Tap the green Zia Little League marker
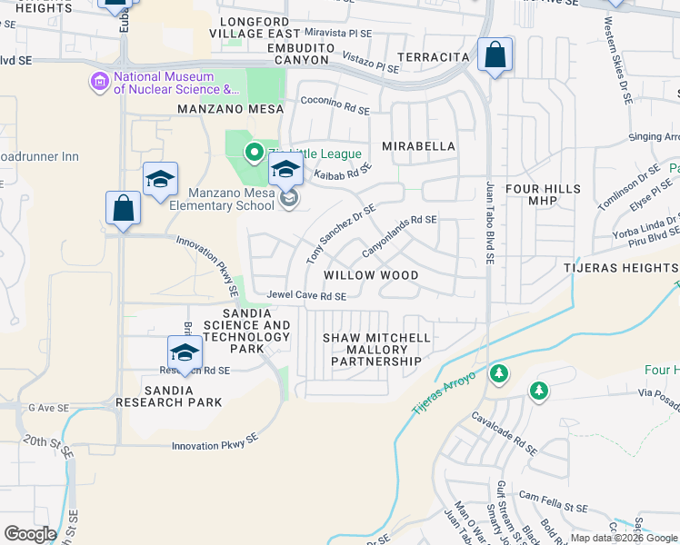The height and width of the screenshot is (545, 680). (255, 154)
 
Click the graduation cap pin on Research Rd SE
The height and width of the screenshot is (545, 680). (185, 352)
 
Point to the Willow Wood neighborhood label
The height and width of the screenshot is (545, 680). (371, 274)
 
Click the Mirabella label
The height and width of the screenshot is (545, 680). (417, 145)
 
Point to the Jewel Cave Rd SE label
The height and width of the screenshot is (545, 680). (306, 296)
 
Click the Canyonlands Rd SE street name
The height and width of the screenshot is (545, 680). (400, 233)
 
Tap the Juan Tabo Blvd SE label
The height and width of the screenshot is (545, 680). (489, 223)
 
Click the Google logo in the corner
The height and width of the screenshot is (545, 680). (30, 534)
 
